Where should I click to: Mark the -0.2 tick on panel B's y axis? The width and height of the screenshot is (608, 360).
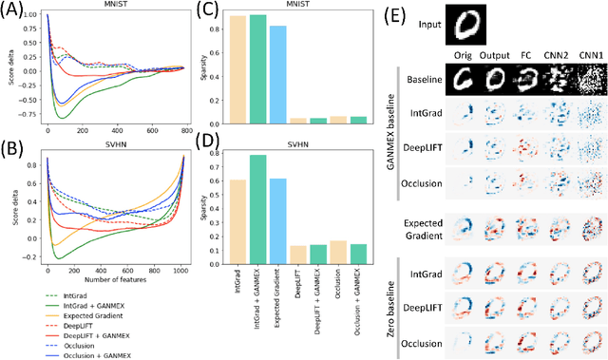click(30, 257)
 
